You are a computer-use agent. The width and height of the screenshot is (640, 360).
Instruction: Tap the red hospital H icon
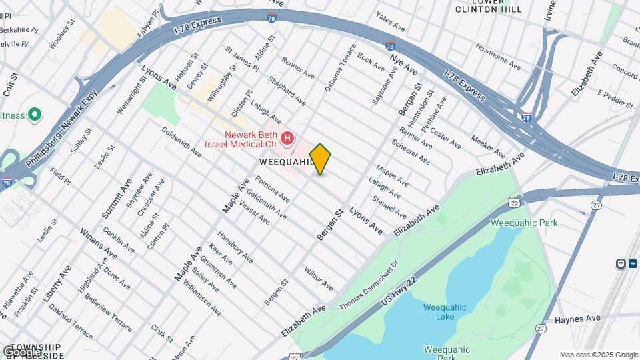pos(287,139)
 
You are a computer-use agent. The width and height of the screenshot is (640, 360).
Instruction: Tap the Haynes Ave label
pos(577,319)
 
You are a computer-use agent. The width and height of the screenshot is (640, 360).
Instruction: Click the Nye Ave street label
pos(404,65)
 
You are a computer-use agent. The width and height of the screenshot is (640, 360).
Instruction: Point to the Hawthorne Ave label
pos(497,57)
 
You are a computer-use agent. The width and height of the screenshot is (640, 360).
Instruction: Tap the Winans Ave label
pos(94,243)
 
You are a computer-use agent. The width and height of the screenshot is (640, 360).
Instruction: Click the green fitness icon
pos(35,115)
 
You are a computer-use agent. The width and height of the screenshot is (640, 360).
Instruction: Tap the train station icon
pos(622,263)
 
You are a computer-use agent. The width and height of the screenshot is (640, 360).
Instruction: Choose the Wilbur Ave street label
pos(319,279)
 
